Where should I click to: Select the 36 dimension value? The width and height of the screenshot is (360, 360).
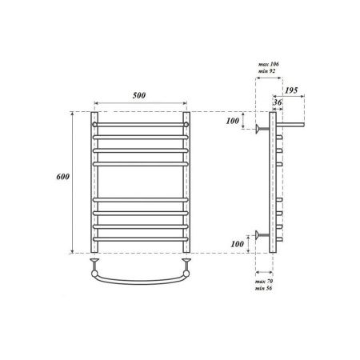pos(277,102)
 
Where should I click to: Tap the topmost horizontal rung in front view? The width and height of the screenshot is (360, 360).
pos(142,126)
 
